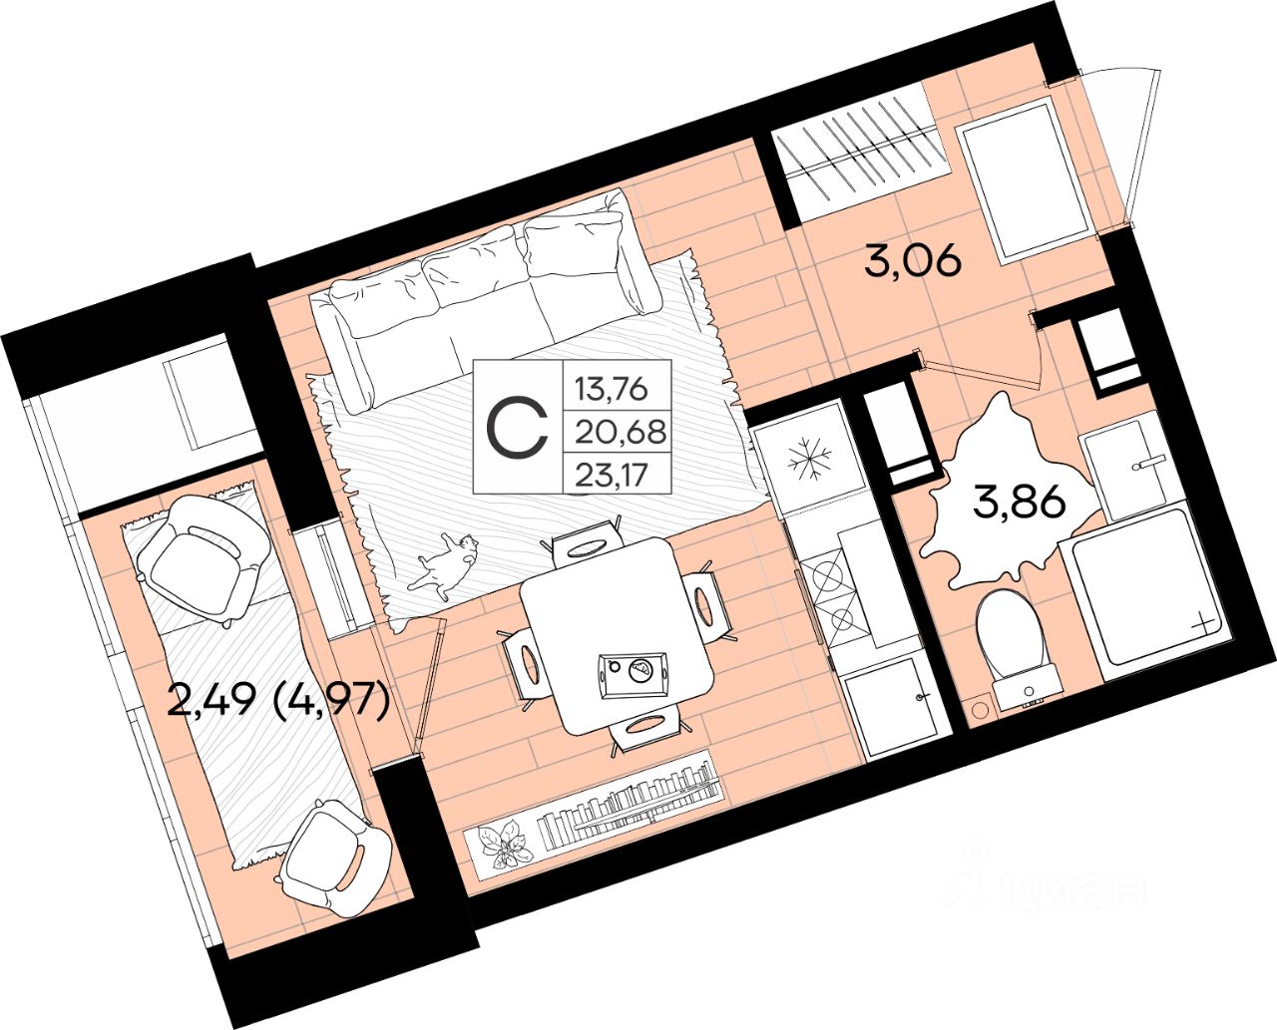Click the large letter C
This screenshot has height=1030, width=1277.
[x=517, y=427]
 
